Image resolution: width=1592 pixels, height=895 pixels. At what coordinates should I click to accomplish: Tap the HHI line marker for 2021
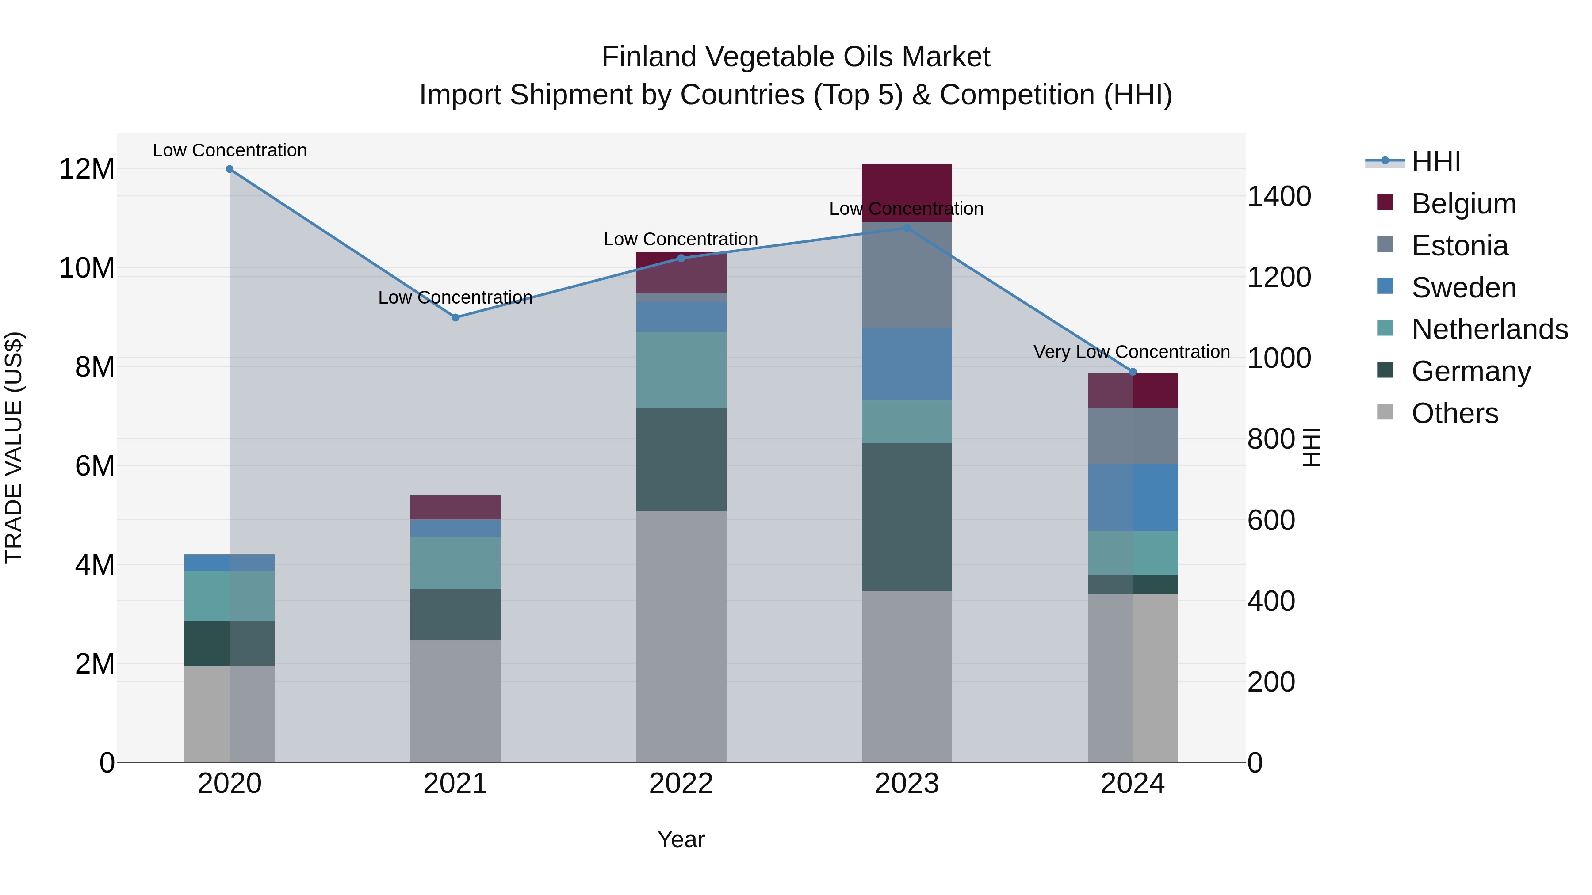(x=455, y=317)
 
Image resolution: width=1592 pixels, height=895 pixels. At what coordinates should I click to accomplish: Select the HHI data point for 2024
(x=1133, y=372)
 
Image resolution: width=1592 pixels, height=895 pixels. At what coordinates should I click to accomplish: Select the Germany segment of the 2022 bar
(x=681, y=460)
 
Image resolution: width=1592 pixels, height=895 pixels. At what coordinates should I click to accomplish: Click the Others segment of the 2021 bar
(x=455, y=701)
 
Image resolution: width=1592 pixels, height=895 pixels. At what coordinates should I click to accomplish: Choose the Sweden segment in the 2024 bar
(x=1133, y=497)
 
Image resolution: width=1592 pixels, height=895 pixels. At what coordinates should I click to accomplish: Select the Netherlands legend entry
(x=1489, y=329)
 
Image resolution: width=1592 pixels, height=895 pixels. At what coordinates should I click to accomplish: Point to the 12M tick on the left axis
(x=87, y=169)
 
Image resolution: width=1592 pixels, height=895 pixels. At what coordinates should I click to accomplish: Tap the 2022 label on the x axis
(x=681, y=784)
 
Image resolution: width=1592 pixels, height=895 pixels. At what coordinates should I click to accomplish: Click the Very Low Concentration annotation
(x=1132, y=352)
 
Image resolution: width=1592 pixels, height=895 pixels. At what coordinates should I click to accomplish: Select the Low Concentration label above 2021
(x=455, y=298)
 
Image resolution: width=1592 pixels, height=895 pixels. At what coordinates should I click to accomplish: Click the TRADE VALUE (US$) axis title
(x=14, y=447)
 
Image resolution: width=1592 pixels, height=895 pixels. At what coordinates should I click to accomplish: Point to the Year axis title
(x=681, y=839)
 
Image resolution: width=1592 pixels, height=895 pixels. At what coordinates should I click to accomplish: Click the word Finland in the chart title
(x=648, y=57)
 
